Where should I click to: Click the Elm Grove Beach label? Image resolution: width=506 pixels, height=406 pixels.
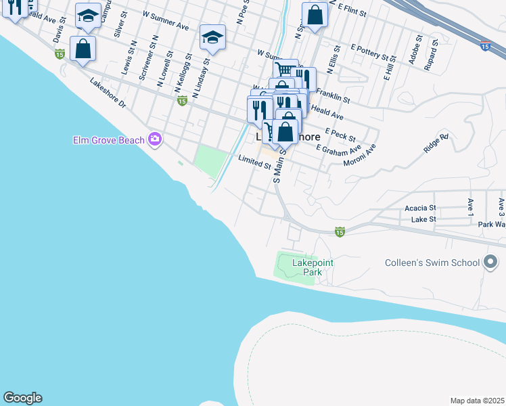108,140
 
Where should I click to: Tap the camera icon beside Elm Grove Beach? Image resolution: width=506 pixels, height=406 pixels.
156,139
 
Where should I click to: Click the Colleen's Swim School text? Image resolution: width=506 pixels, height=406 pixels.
432,263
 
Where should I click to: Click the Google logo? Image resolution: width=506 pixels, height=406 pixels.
22,398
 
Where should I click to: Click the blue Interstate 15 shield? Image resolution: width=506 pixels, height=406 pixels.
485,46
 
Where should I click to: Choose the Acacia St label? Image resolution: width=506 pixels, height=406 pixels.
421,208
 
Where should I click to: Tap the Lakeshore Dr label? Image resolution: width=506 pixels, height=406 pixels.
108,93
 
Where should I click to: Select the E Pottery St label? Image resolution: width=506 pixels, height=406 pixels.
373,53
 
